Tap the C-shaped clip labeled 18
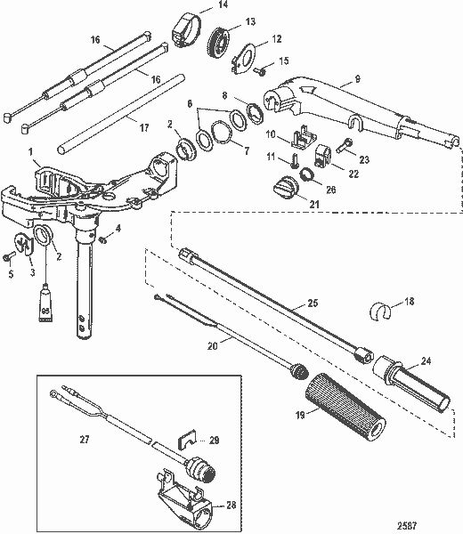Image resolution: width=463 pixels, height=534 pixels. [x=381, y=312]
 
